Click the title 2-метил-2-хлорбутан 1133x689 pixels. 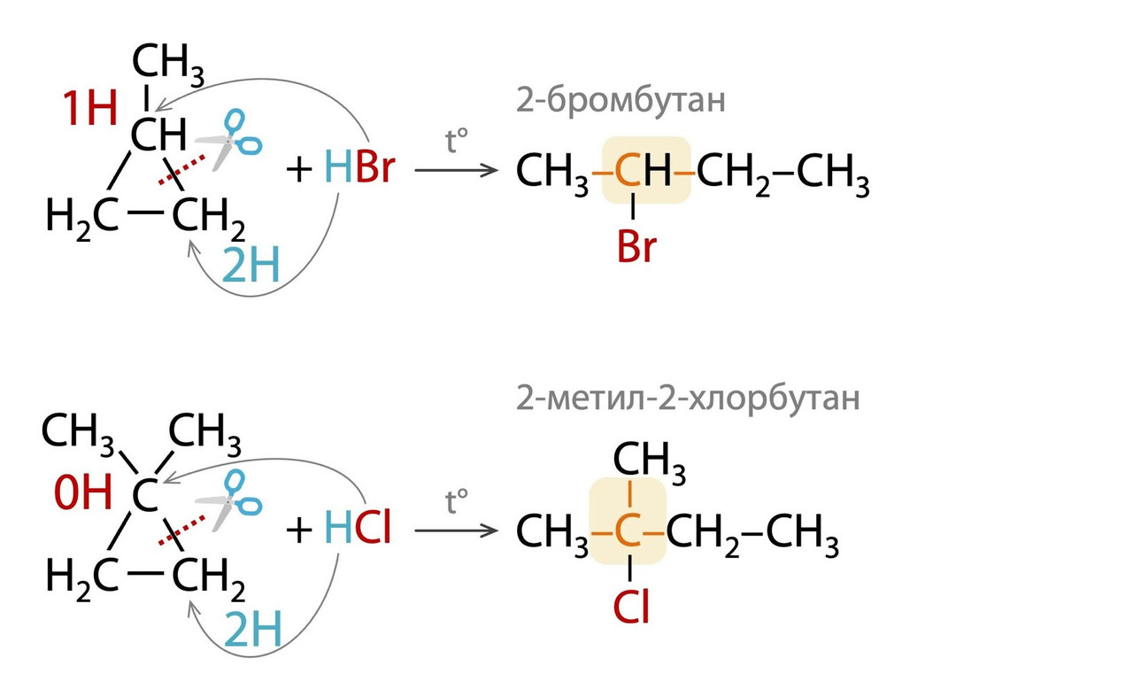[688, 399]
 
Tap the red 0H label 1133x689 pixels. [81, 493]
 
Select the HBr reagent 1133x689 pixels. [358, 167]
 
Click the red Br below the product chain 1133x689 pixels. [636, 248]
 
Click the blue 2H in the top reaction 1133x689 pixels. [250, 266]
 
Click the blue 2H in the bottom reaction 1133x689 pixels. [252, 631]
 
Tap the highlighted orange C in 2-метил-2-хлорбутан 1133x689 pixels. [627, 533]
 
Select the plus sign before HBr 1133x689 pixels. [301, 168]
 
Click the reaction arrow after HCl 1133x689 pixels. [456, 531]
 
